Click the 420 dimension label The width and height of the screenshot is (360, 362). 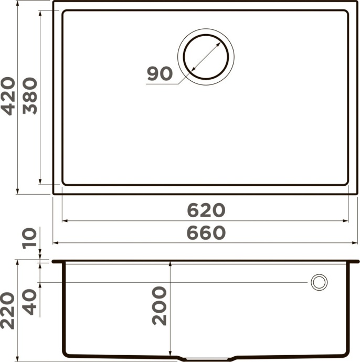point(8,95)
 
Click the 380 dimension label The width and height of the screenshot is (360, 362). point(30,95)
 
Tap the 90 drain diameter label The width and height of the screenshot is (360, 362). point(160,73)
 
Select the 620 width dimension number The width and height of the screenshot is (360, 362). point(206,210)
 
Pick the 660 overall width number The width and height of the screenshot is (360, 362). point(206,232)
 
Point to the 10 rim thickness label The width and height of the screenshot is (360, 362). point(30,237)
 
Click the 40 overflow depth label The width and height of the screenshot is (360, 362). point(30,301)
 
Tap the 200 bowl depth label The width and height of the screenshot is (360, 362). point(159,306)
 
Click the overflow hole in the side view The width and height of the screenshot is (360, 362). point(319,282)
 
